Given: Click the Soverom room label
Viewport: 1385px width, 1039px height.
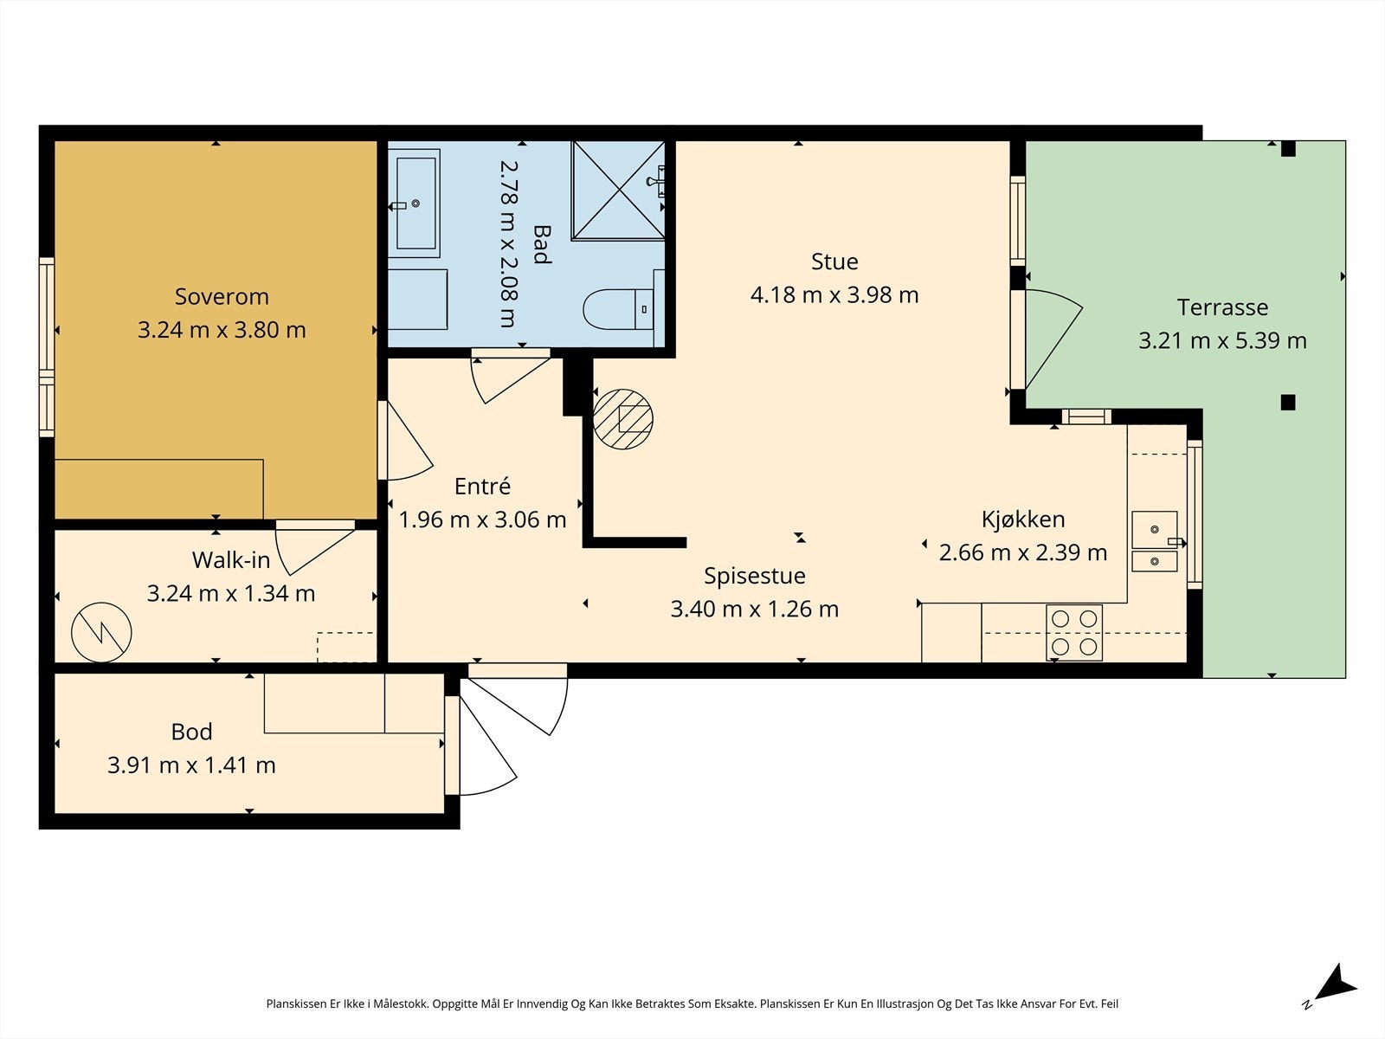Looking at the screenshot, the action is point(222,296).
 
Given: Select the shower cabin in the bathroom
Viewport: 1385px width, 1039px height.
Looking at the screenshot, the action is point(618,190).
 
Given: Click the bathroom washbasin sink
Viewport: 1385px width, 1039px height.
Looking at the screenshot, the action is point(415,203).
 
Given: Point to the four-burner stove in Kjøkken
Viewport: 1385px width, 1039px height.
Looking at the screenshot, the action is point(1074,633).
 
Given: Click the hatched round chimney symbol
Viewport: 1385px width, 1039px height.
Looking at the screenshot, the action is point(622,419).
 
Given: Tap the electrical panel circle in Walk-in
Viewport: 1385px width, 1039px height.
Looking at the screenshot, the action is point(101,632).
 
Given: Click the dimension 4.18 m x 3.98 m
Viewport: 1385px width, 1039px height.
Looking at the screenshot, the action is point(834,294).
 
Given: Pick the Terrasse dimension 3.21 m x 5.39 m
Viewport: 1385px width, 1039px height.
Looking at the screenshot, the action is point(1222,340).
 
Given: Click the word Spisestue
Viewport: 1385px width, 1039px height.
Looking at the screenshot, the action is point(754,576).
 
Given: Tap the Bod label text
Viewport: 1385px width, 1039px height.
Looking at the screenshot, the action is point(191,732).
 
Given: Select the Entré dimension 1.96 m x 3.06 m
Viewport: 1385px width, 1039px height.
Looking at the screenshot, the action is point(482,519).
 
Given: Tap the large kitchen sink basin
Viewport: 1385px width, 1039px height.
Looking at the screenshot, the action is point(1154,529).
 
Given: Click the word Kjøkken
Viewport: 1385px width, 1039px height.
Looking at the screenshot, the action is point(1023,519).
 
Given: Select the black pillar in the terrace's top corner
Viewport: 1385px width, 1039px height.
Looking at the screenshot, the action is point(1288,149).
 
